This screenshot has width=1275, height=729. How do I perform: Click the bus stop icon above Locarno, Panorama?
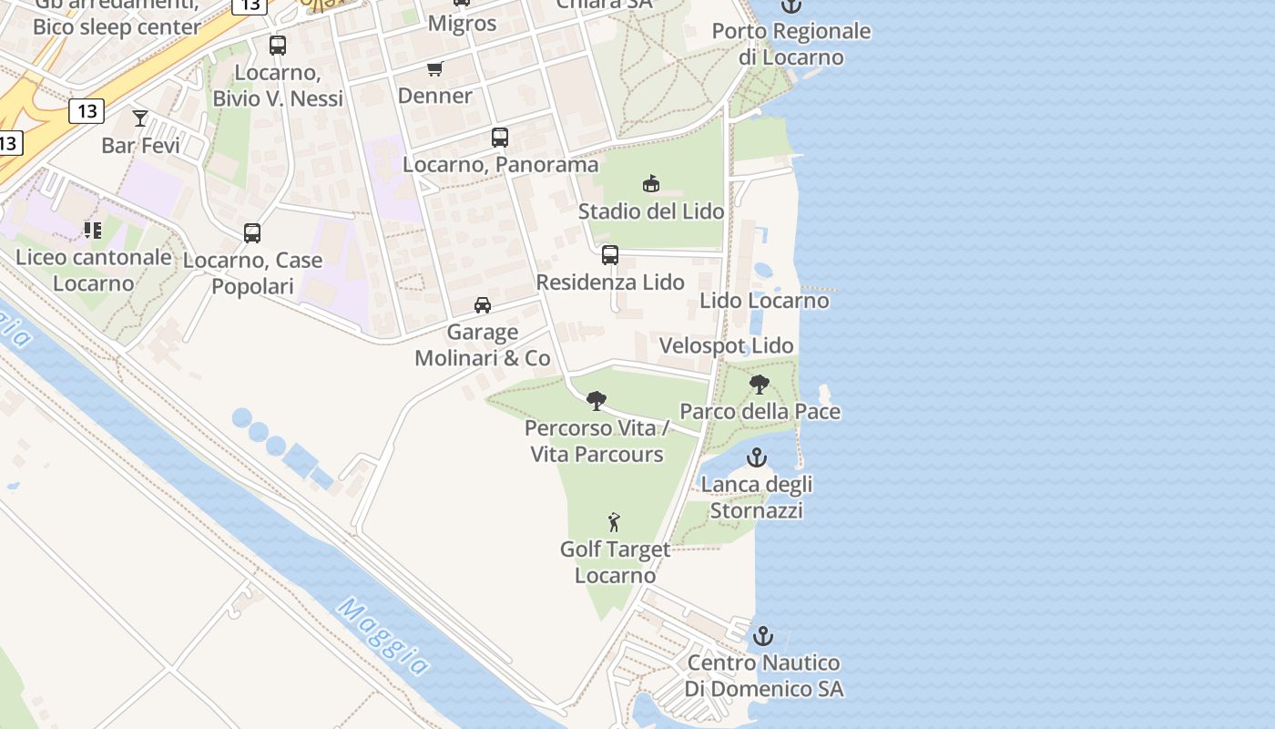pos(500,138)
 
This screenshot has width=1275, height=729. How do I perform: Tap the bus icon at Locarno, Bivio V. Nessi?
pos(278,46)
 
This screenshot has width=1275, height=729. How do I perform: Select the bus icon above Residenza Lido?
pos(610,255)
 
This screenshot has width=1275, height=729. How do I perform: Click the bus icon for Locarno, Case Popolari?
pos(252,233)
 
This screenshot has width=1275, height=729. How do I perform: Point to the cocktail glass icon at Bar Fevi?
pos(140,118)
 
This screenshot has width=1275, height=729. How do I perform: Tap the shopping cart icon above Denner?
pos(435,68)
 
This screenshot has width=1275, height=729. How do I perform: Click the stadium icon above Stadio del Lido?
pos(651,183)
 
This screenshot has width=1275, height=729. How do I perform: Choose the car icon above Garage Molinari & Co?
pos(483,305)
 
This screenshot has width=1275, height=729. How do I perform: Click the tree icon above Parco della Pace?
pos(759,385)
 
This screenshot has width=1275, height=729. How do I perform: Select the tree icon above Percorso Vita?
pos(597,400)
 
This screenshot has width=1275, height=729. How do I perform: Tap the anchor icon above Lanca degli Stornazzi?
pos(757,457)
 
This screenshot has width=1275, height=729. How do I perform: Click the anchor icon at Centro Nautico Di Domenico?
pos(763,636)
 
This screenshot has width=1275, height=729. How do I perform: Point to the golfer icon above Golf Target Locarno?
pos(615,522)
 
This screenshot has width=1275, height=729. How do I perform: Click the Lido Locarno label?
pos(764,301)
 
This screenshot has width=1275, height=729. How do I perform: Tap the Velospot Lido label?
pos(726,346)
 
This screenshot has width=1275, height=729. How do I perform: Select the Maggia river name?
pos(383,637)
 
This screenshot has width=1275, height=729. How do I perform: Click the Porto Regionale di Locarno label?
pos(790,44)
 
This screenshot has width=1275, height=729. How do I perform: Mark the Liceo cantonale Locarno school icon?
pos(92,230)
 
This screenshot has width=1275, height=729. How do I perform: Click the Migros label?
pos(462,24)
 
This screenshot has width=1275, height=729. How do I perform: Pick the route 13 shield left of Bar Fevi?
pos(87,112)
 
